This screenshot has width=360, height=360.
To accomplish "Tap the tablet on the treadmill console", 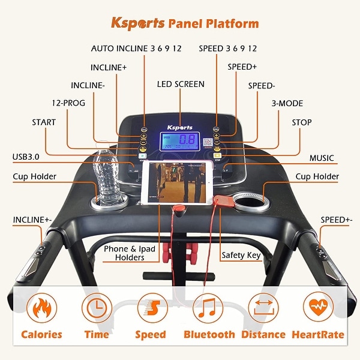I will (x=177, y=183).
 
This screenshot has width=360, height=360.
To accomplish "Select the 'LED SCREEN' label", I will (x=180, y=85).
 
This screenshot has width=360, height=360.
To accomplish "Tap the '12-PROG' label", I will (x=68, y=103).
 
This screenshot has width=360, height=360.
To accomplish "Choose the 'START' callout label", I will (x=44, y=122).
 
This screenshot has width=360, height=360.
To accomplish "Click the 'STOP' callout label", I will (x=301, y=122).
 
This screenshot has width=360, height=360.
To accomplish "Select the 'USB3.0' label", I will (x=26, y=157).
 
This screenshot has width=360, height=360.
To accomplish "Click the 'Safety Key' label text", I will (x=241, y=255).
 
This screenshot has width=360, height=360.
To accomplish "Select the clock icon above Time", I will (x=96, y=307).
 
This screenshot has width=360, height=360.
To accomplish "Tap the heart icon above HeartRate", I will (x=317, y=307).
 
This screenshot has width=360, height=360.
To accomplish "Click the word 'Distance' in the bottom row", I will (x=263, y=334).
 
